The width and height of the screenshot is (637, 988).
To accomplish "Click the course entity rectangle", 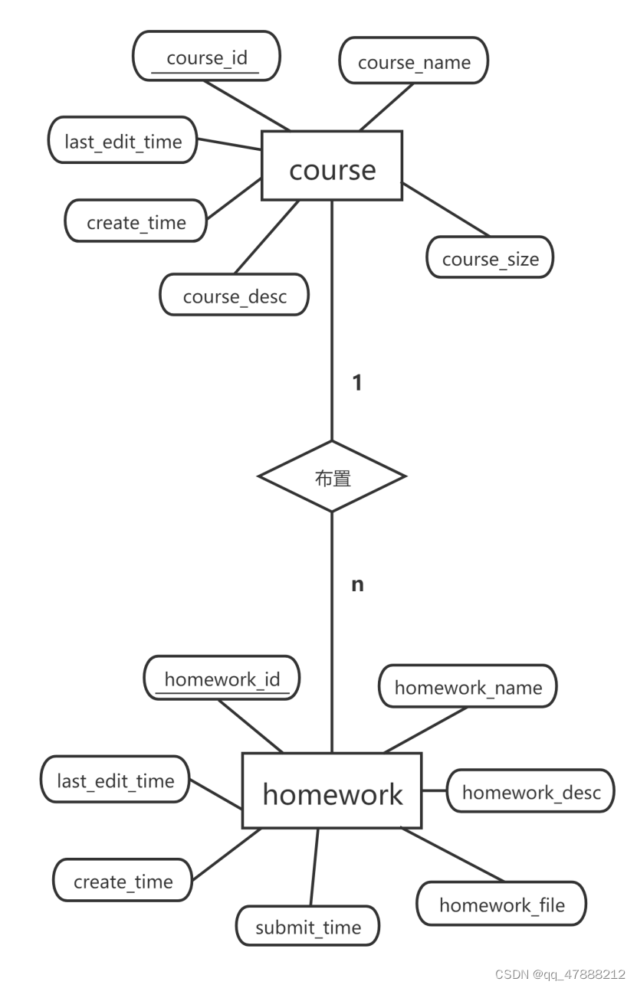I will (x=332, y=165).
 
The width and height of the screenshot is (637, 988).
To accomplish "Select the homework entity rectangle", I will (x=332, y=790).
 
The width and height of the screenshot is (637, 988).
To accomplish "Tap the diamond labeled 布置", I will (x=332, y=476).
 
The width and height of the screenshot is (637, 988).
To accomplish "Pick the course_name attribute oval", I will (x=413, y=62).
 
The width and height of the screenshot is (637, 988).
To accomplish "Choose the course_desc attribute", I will (x=235, y=295).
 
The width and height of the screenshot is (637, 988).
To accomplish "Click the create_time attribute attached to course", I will (x=136, y=221).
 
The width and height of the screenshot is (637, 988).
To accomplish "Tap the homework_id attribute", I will (x=222, y=678).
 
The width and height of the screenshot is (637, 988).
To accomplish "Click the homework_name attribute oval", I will (x=468, y=686).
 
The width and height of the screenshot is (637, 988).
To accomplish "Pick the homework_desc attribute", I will (x=530, y=790).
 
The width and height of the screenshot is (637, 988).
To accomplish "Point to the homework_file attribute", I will (x=501, y=904).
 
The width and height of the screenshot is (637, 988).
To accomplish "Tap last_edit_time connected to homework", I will (x=115, y=780).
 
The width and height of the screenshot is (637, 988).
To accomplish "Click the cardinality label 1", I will (x=356, y=383).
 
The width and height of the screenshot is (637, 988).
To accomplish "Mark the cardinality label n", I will (x=357, y=585).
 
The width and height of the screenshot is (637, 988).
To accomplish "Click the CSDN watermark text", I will (x=560, y=974).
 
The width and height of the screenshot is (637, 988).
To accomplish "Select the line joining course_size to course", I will (x=445, y=210).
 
